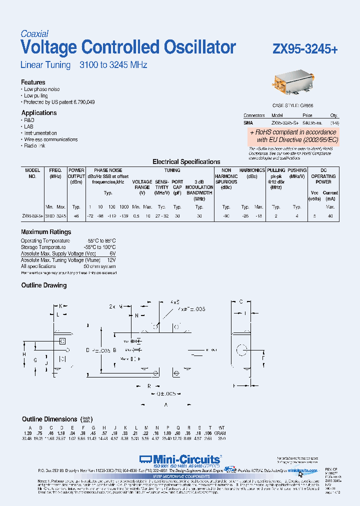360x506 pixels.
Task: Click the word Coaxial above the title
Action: pos(34,34)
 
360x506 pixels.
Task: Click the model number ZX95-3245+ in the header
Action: pos(305,49)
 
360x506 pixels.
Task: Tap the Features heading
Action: pos(33,82)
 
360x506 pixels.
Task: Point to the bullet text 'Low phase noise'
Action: pos(42,89)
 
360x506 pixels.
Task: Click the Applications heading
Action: pos(39,113)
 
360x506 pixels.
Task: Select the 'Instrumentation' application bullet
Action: pos(40,133)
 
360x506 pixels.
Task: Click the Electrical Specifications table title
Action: pos(186,162)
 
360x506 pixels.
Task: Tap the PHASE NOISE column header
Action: pos(108,170)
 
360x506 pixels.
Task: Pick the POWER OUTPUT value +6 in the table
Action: pos(76,215)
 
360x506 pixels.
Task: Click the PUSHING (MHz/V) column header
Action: pos(297,173)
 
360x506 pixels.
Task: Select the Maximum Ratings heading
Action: pos(46,232)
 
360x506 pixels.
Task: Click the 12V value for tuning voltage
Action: pos(111,260)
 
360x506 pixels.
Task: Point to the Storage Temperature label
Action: pos(43,247)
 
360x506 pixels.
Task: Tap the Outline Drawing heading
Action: pos(43,285)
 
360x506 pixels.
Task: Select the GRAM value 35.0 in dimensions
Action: pos(221,438)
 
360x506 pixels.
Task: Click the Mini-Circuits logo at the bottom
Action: pos(180,459)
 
